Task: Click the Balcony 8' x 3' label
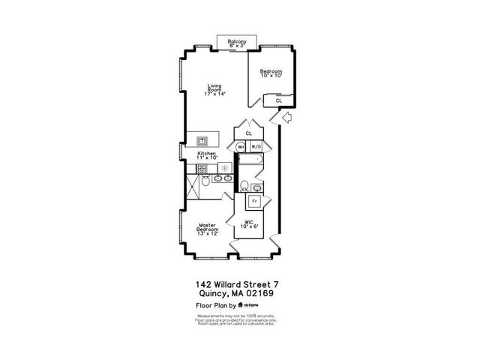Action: pos(238,43)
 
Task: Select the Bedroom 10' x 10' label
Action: pos(271,73)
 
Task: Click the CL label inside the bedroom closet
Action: pos(279,100)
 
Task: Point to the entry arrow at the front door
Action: pos(285,117)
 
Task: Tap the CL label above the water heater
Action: pos(247,133)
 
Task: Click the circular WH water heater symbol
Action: pos(241,147)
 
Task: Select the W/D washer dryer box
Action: pos(256,147)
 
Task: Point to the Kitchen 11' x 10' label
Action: pos(207,156)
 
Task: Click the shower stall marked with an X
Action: pos(204,184)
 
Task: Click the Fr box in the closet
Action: pos(255,202)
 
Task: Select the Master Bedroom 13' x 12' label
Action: pos(208,229)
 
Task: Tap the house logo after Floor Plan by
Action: pos(242,305)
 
